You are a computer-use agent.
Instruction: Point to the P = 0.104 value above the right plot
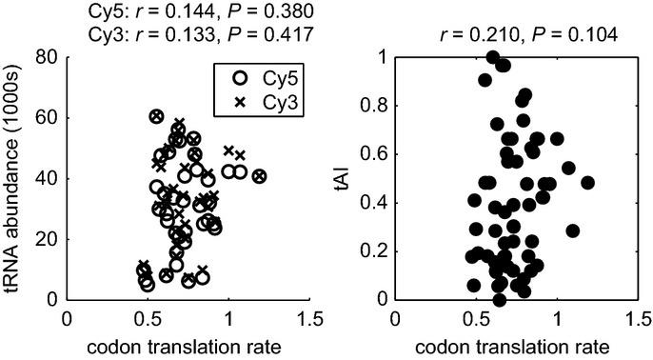tap(577, 35)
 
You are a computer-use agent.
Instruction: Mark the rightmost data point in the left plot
tap(259, 176)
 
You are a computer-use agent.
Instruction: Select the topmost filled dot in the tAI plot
tap(492, 57)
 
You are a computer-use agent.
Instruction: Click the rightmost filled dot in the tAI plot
tap(587, 183)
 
